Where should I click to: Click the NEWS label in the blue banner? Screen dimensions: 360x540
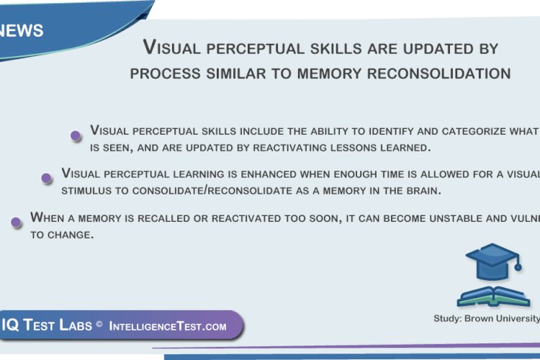22,31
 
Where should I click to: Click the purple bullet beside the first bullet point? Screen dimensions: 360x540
75,135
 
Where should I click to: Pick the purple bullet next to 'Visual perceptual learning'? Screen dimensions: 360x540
47,178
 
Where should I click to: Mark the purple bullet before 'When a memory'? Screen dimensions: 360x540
16,222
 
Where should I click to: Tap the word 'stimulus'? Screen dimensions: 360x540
89,191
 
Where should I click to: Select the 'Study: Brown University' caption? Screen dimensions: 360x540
487,318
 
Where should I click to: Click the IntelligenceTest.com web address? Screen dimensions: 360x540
168,326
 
